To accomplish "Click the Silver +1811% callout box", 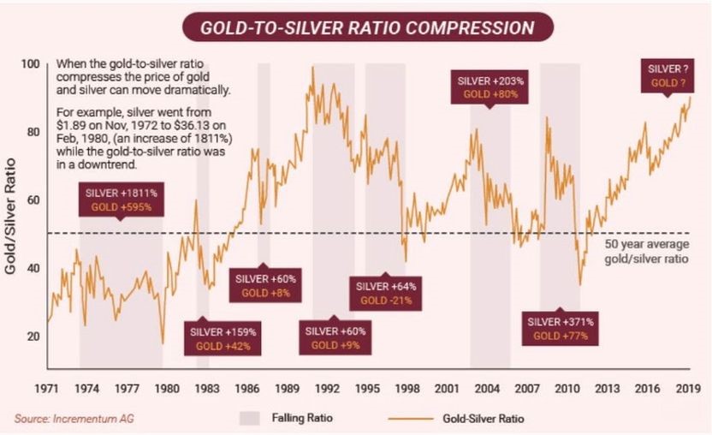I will pyautogui.click(x=121, y=200).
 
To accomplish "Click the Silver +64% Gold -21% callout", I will pyautogui.click(x=386, y=293).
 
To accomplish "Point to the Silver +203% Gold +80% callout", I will pyautogui.click(x=490, y=87).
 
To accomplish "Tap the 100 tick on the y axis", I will pyautogui.click(x=32, y=64).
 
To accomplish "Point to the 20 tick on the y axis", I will pyautogui.click(x=34, y=337).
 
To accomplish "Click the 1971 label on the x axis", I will pyautogui.click(x=47, y=387).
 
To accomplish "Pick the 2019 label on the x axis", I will pyautogui.click(x=689, y=387).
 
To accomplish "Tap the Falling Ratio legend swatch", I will pyautogui.click(x=249, y=419).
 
